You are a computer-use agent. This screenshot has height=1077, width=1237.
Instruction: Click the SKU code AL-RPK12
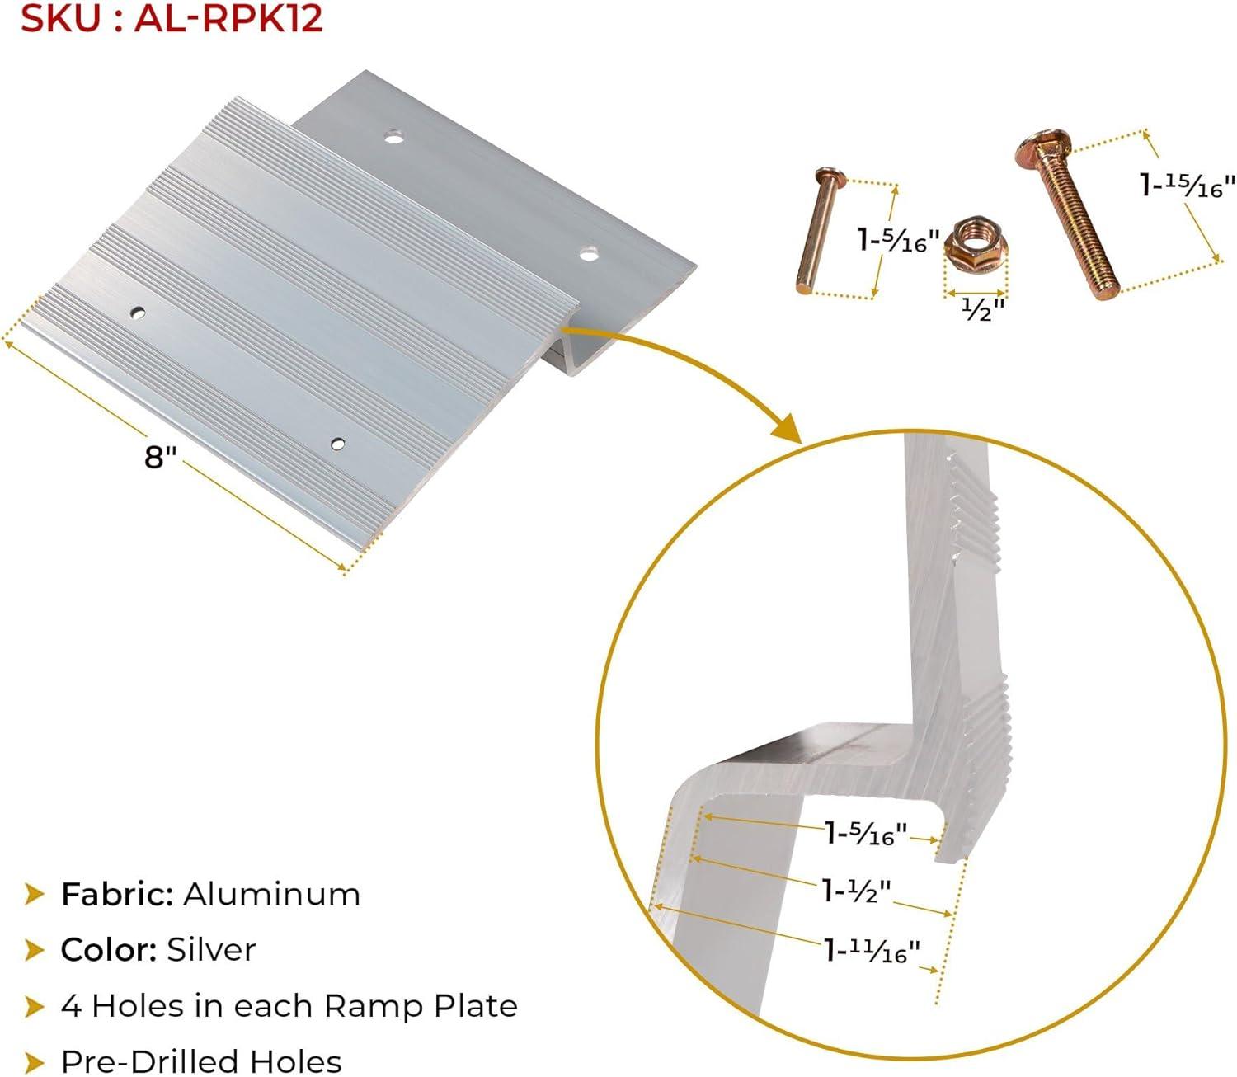tap(228, 18)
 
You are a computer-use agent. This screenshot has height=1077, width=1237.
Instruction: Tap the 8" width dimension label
tap(160, 457)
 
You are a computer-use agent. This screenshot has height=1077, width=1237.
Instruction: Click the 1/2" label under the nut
tap(982, 309)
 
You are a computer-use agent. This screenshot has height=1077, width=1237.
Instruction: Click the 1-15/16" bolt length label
tap(1187, 185)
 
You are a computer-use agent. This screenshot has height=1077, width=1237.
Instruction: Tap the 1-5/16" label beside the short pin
tap(900, 240)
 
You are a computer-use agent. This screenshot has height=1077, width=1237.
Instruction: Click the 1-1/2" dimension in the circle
tap(856, 891)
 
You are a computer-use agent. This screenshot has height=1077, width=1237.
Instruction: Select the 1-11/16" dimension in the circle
tap(872, 951)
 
